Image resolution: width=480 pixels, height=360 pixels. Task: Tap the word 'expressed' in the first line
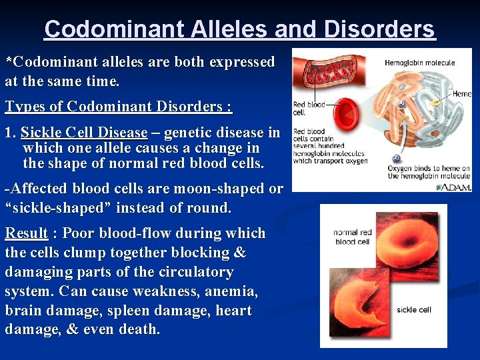coord(241,62)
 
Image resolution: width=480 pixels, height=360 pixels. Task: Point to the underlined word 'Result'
coord(27,233)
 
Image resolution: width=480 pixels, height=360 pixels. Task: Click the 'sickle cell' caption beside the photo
coord(414,309)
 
